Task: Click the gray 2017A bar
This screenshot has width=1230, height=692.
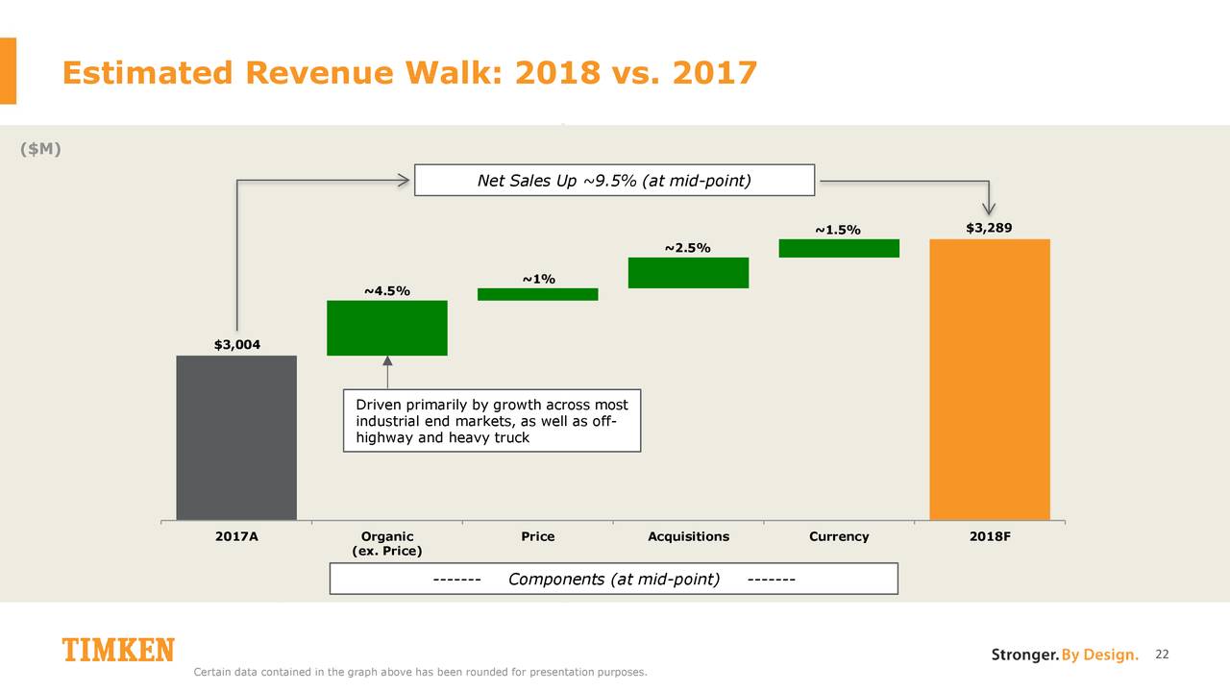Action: click(x=236, y=437)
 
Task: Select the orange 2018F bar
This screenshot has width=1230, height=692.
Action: click(x=990, y=380)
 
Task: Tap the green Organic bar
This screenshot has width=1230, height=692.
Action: click(x=386, y=328)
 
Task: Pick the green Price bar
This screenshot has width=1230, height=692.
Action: click(x=538, y=294)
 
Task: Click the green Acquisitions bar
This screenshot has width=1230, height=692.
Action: click(x=688, y=272)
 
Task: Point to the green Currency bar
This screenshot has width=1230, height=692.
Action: click(x=839, y=248)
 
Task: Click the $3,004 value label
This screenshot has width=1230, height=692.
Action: click(x=236, y=344)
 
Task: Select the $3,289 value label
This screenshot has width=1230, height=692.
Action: click(x=989, y=228)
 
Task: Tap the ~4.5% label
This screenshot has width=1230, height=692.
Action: click(x=386, y=290)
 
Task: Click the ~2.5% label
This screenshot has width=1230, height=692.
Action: click(x=687, y=249)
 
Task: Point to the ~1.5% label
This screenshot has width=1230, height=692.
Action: click(x=838, y=230)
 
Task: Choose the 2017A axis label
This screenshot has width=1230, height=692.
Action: click(x=236, y=536)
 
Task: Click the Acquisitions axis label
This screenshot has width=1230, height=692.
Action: click(x=688, y=536)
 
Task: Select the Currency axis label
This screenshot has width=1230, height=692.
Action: click(x=839, y=536)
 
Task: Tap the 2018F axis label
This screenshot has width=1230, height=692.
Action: click(x=990, y=536)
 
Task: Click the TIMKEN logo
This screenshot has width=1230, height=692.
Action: click(x=118, y=651)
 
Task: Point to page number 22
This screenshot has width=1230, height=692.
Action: click(x=1162, y=655)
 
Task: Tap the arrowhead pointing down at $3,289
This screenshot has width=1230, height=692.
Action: click(x=990, y=208)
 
